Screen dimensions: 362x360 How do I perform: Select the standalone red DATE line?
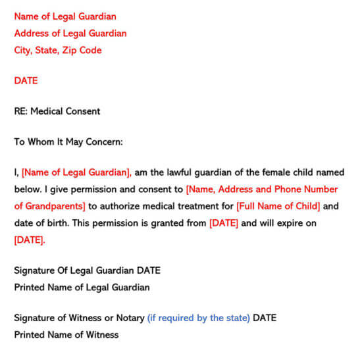(26, 81)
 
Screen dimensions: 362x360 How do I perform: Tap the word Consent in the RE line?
(82, 111)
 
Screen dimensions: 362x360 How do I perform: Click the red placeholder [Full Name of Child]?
(278, 207)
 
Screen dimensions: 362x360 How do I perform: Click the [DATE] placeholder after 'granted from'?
(224, 223)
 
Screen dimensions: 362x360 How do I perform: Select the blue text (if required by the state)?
(198, 318)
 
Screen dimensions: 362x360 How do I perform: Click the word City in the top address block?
(24, 50)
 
